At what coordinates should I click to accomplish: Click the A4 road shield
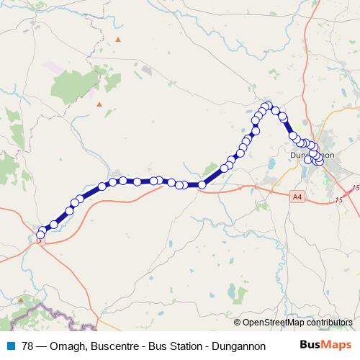298,195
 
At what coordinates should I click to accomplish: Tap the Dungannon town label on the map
312,156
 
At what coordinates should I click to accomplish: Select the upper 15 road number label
354,189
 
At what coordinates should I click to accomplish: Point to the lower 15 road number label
340,200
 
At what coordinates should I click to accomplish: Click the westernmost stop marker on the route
40,235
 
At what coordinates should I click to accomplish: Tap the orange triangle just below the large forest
99,104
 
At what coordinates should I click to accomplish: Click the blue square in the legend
12,345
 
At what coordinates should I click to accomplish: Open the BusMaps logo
326,344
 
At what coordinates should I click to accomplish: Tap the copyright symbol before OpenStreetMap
238,323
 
